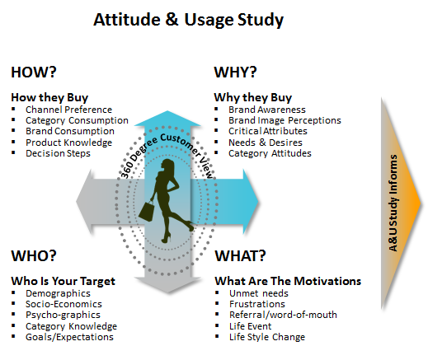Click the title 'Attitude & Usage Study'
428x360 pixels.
pos(188,20)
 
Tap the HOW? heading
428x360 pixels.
pos(34,72)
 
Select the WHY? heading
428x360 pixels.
pos(235,72)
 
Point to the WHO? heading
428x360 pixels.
pos(34,255)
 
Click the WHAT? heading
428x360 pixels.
pos(240,255)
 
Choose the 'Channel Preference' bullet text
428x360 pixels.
pos(68,110)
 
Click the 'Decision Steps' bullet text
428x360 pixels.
pos(58,153)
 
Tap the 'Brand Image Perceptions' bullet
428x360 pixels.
pos(285,120)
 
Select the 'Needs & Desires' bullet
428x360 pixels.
pos(266,143)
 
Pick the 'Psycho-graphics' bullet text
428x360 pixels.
pos(63,315)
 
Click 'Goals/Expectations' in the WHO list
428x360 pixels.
pos(69,337)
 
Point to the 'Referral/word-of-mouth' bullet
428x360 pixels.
pos(283,315)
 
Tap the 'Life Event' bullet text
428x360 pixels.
pos(250,326)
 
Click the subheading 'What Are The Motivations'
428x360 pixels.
pos(288,281)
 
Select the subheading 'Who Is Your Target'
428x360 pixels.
pos(63,281)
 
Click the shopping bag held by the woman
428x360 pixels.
pos(147,211)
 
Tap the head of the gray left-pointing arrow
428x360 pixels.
pos(84,202)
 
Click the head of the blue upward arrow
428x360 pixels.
pos(167,119)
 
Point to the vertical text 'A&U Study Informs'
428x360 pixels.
pos(393,203)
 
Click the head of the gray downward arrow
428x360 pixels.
pos(167,285)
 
